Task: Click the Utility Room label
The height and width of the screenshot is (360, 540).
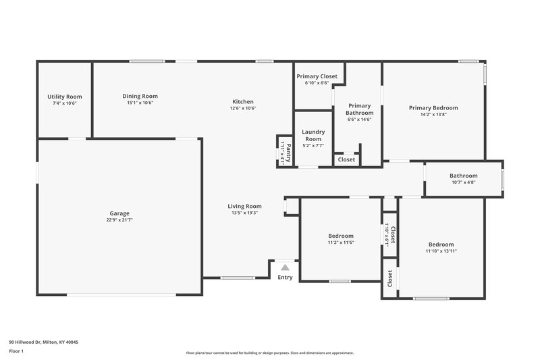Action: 64,97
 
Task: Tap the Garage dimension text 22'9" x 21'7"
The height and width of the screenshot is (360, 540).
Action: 120,220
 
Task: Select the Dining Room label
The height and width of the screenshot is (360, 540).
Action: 140,96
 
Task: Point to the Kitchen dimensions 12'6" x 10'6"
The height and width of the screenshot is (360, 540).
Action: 243,108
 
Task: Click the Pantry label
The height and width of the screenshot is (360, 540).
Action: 288,153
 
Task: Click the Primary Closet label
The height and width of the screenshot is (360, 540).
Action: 317,76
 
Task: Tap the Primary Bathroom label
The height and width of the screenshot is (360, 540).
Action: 359,109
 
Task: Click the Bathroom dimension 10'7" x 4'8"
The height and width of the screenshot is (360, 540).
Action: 464,182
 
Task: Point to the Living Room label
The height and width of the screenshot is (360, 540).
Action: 244,206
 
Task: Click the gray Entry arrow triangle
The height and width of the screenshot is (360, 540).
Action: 285,268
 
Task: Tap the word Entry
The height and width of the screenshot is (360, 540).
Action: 285,277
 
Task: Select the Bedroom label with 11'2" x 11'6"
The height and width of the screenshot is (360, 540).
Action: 341,236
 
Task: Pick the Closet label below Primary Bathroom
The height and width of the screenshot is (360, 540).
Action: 346,159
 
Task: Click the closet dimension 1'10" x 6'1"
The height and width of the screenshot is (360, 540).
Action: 387,235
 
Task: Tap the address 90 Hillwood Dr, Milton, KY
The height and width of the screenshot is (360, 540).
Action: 43,342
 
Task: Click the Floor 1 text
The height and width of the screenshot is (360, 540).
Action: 16,352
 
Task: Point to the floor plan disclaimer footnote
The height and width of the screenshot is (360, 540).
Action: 269,353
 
